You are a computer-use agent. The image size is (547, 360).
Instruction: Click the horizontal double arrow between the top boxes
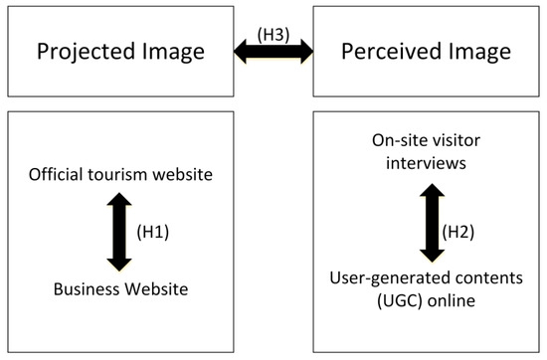point(273,52)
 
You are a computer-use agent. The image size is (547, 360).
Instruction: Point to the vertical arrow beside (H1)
point(120,234)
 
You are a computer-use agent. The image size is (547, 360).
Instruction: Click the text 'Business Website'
point(119,289)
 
